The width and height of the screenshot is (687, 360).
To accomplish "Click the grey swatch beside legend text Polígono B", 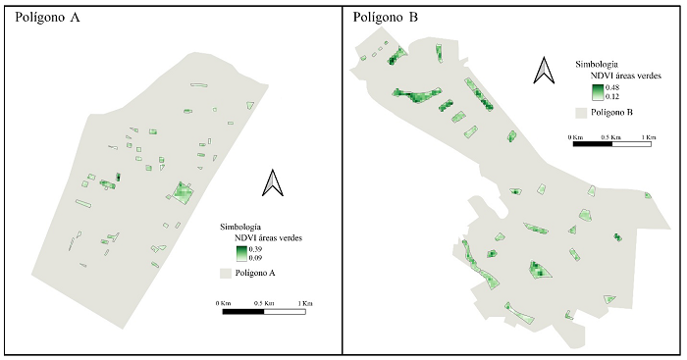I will (x=584, y=113).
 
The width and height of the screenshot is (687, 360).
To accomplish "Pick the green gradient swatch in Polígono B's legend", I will (x=598, y=91).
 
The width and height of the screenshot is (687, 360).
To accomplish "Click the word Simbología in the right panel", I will (x=595, y=64).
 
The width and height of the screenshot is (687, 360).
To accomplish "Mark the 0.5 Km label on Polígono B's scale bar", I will (x=611, y=136).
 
